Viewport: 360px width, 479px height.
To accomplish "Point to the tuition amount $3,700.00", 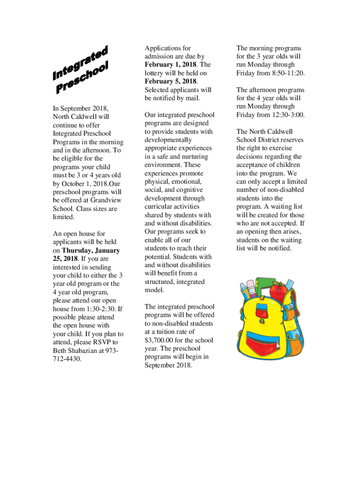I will pyautogui.click(x=163, y=340).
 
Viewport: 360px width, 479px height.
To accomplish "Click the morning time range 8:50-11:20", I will pyautogui.click(x=280, y=73).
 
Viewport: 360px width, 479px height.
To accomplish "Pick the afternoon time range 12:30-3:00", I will pyautogui.click(x=282, y=115).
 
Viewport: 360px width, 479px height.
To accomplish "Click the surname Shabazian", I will pyautogui.click(x=86, y=351).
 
